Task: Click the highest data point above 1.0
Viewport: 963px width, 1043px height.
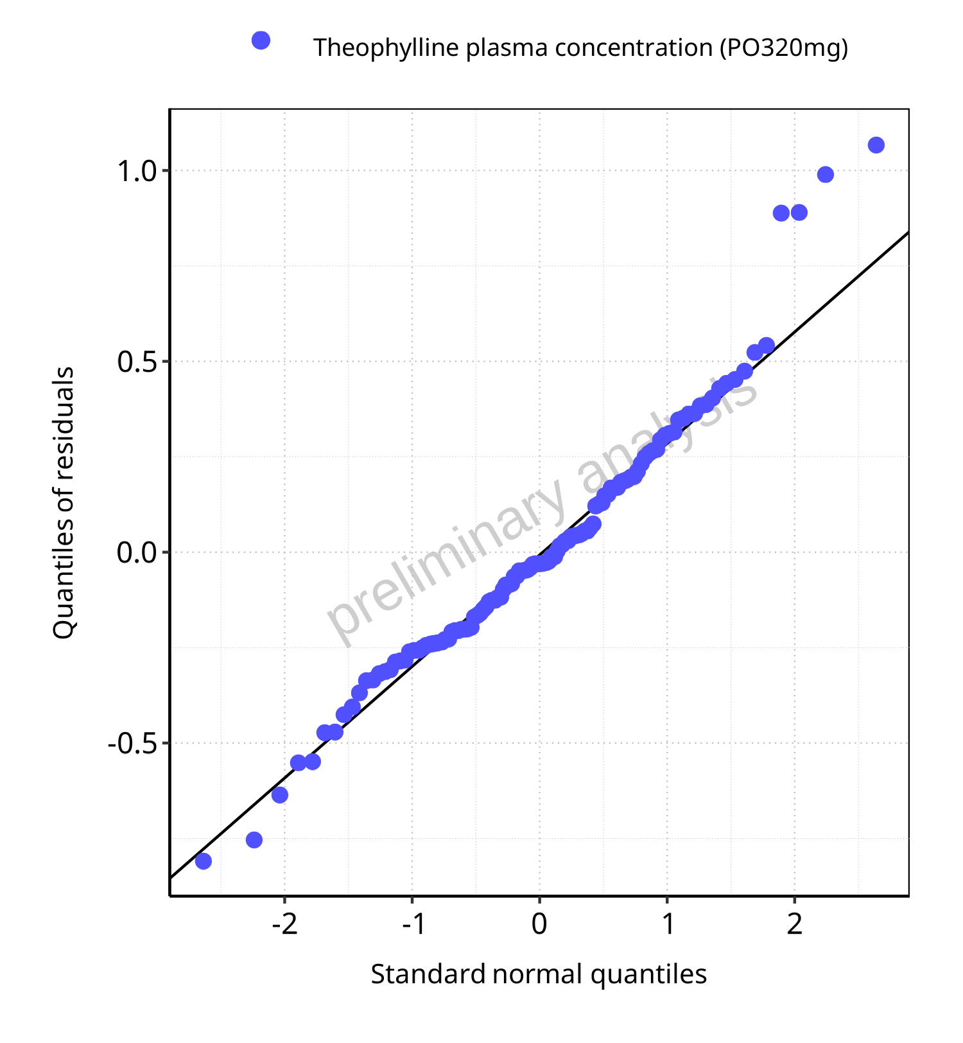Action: pyautogui.click(x=876, y=145)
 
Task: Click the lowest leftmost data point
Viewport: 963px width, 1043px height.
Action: pyautogui.click(x=204, y=861)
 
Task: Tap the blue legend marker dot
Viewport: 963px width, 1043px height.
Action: pyautogui.click(x=261, y=40)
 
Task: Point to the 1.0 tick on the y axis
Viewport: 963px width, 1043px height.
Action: pyautogui.click(x=137, y=171)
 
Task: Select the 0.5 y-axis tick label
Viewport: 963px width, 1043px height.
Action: pyautogui.click(x=137, y=362)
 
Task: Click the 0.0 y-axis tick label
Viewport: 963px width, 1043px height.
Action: pyautogui.click(x=137, y=552)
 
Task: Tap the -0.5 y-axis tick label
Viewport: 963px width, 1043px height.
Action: pyautogui.click(x=132, y=743)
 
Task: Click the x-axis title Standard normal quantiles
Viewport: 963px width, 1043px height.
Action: pyautogui.click(x=539, y=974)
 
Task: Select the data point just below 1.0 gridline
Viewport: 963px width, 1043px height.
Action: pyautogui.click(x=825, y=175)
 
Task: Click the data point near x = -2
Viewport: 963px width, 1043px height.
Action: pyautogui.click(x=280, y=794)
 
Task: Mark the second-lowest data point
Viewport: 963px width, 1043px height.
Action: pyautogui.click(x=254, y=839)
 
